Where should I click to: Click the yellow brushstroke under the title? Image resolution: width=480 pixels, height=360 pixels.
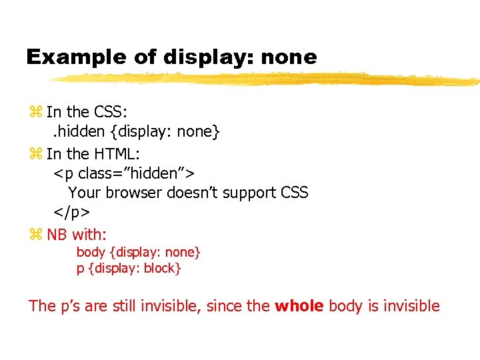tap(267, 79)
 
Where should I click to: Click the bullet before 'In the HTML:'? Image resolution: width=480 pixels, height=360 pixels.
tap(35, 154)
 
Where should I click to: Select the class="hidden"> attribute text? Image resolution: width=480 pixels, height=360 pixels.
tap(136, 173)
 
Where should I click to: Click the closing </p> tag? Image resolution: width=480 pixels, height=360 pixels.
tap(71, 213)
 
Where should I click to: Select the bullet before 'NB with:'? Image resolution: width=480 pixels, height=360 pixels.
tap(35, 235)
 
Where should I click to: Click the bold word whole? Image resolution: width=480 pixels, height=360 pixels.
tap(299, 306)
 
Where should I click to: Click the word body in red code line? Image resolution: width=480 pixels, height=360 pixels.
tap(90, 252)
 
